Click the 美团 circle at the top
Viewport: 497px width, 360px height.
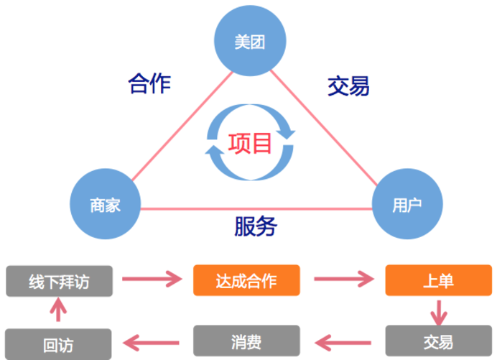[x=249, y=42]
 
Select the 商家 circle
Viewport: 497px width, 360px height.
[x=104, y=206]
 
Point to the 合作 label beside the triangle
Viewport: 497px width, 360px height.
[x=149, y=83]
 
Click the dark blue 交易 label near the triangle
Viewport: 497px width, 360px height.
[x=348, y=86]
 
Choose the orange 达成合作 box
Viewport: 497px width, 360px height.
[x=246, y=280]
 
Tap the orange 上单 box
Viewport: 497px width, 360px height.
[x=437, y=280]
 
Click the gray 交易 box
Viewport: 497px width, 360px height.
[x=437, y=341]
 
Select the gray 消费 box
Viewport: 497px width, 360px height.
[x=246, y=341]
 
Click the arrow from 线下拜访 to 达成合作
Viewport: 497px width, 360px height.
[x=153, y=280]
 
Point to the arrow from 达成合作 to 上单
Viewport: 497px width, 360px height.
[x=343, y=280]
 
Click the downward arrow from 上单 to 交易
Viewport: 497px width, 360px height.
[x=438, y=311]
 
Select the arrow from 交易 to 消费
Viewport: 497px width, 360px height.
[x=343, y=341]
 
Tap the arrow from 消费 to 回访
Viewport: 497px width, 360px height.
[x=153, y=341]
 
